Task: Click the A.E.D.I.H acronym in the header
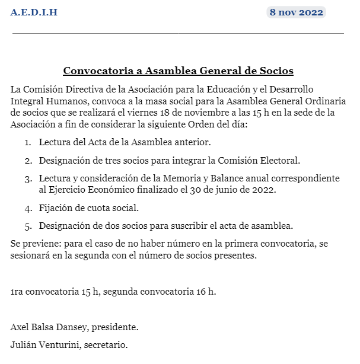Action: click(34, 12)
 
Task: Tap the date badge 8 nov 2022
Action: click(296, 12)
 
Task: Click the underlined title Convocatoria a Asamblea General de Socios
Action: click(179, 71)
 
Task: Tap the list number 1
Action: click(27, 143)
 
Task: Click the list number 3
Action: click(27, 178)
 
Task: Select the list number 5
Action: click(27, 226)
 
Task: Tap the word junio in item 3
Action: click(235, 190)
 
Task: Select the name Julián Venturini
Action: click(43, 344)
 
